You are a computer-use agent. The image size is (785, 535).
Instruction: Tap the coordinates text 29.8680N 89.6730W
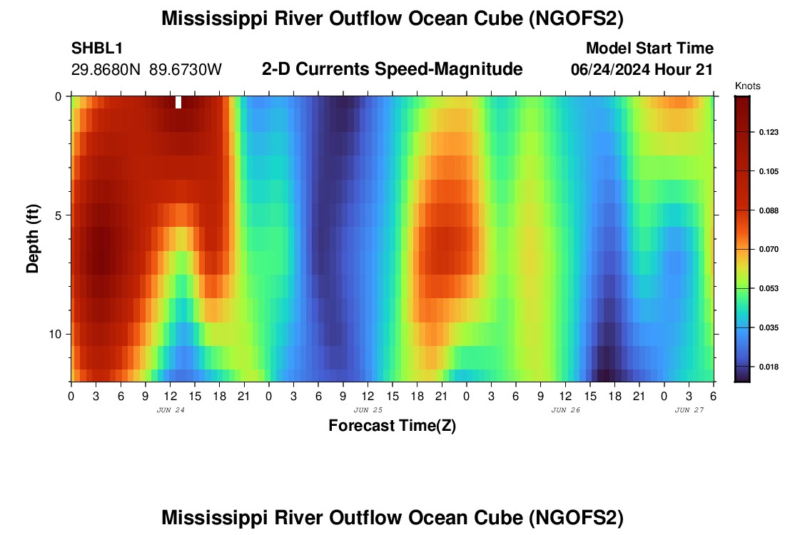pyautogui.click(x=147, y=70)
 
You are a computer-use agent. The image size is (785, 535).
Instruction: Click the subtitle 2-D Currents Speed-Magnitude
pyautogui.click(x=392, y=69)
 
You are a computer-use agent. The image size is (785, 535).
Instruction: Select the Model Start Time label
pyautogui.click(x=649, y=49)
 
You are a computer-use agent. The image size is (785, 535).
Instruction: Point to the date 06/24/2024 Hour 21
pyautogui.click(x=642, y=70)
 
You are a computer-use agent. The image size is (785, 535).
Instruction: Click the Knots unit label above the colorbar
pyautogui.click(x=747, y=86)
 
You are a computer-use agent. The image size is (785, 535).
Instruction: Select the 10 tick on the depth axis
pyautogui.click(x=59, y=334)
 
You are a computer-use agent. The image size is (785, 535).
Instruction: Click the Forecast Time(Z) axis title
pyautogui.click(x=392, y=426)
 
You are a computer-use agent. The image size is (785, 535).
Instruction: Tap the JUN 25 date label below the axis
pyautogui.click(x=368, y=410)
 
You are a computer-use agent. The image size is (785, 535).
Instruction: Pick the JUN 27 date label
pyautogui.click(x=689, y=410)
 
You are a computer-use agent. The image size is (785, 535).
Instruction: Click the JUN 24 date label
pyautogui.click(x=170, y=410)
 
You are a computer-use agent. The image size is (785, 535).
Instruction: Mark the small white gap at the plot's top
pyautogui.click(x=178, y=102)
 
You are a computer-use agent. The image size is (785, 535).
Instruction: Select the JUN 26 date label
pyautogui.click(x=566, y=410)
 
